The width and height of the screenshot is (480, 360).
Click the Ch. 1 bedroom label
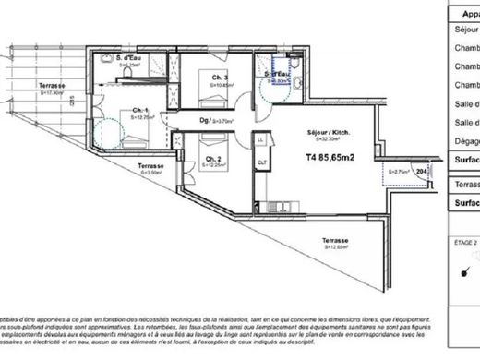click(x=141, y=112)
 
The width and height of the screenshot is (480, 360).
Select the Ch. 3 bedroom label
click(x=219, y=77)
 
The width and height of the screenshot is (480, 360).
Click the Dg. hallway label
click(x=207, y=119)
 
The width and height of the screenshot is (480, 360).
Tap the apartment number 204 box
click(x=422, y=171)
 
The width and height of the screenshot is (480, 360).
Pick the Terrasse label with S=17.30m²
click(x=51, y=88)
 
